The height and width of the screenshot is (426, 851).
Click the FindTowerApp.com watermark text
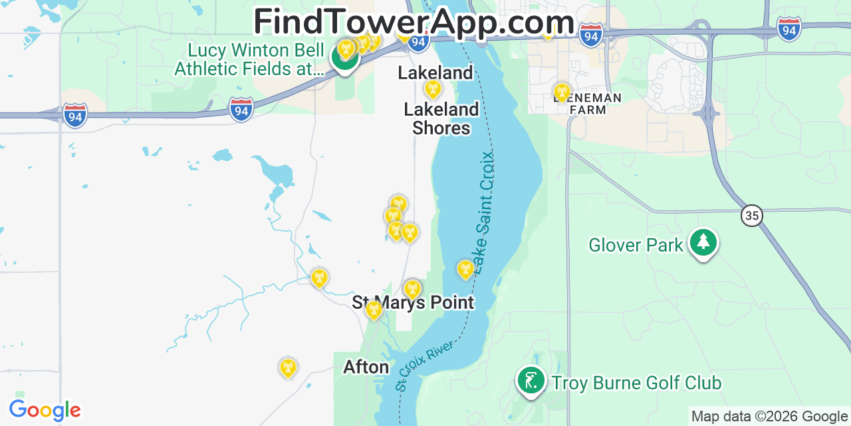click(x=414, y=21)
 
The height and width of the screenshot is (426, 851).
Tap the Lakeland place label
click(x=435, y=73)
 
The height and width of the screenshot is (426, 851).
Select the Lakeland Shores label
click(x=441, y=118)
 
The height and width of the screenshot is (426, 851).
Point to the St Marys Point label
click(x=413, y=303)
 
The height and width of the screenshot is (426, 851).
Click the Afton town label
click(x=366, y=367)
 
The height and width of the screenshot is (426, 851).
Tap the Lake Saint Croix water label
click(x=485, y=206)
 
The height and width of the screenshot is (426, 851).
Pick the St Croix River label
click(x=424, y=365)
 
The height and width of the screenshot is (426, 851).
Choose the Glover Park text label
click(x=636, y=245)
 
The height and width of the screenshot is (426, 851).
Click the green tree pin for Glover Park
click(x=703, y=243)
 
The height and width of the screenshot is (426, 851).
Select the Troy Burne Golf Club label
click(x=636, y=383)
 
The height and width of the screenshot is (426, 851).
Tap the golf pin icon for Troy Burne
click(x=531, y=381)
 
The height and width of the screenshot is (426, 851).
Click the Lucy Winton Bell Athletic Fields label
click(x=249, y=60)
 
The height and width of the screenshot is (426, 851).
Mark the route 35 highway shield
click(x=752, y=216)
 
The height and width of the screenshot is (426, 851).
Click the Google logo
click(x=45, y=410)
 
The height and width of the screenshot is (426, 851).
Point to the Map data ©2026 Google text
click(x=770, y=417)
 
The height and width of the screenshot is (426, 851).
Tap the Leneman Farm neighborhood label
click(x=588, y=104)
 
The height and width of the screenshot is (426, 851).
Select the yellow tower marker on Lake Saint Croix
click(x=465, y=270)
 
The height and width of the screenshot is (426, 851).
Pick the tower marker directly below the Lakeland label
click(x=433, y=89)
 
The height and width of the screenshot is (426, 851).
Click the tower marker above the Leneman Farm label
click(x=562, y=93)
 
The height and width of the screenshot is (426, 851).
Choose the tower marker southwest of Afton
click(x=287, y=367)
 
